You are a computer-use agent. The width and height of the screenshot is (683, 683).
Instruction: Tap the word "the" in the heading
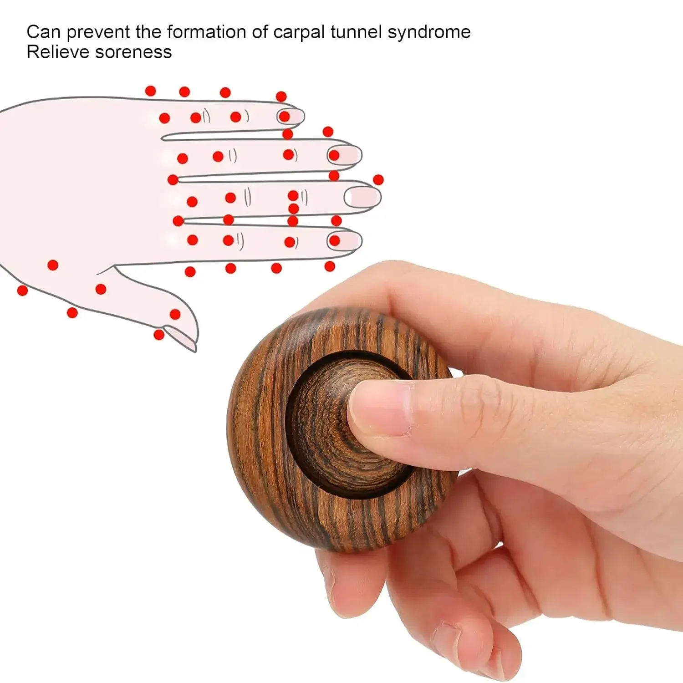click(148, 32)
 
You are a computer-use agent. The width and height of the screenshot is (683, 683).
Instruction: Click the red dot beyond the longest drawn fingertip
click(378, 180)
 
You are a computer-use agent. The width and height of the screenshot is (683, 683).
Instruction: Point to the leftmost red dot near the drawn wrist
click(22, 290)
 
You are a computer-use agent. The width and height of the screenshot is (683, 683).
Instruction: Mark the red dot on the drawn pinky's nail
click(285, 117)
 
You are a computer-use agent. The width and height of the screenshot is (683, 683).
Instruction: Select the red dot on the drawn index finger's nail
click(335, 240)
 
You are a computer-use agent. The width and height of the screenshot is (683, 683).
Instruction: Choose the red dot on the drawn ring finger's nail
click(334, 155)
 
